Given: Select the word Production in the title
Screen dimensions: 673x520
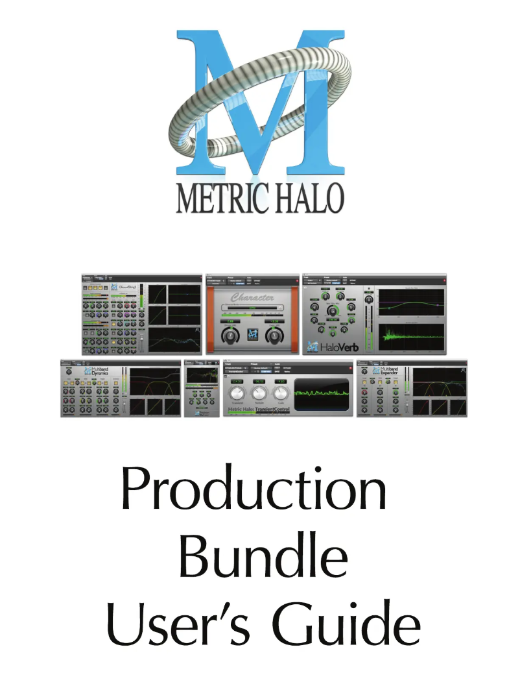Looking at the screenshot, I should pyautogui.click(x=254, y=491).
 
